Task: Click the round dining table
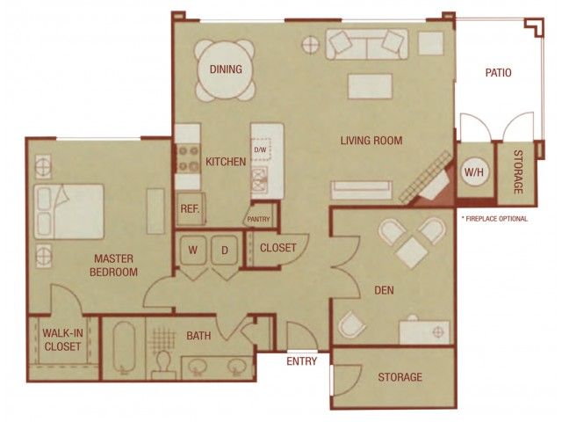pyautogui.click(x=226, y=70)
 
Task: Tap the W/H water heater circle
pyautogui.click(x=474, y=171)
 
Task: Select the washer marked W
pyautogui.click(x=193, y=250)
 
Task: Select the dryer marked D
pyautogui.click(x=225, y=250)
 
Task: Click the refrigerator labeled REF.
pyautogui.click(x=191, y=209)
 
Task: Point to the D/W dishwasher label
pyautogui.click(x=260, y=149)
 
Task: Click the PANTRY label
pyautogui.click(x=258, y=219)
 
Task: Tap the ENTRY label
pyautogui.click(x=302, y=361)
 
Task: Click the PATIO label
pyautogui.click(x=498, y=72)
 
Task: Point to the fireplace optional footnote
pyautogui.click(x=495, y=219)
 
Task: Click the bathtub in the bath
pyautogui.click(x=124, y=348)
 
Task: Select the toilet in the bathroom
pyautogui.click(x=163, y=365)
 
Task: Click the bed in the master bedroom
pyautogui.click(x=69, y=211)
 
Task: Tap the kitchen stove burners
pyautogui.click(x=188, y=159)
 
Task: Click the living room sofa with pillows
pyautogui.click(x=367, y=44)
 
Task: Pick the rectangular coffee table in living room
pyautogui.click(x=371, y=86)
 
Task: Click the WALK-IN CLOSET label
pyautogui.click(x=62, y=339)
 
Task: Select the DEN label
pyautogui.click(x=384, y=290)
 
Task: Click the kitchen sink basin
pyautogui.click(x=260, y=178)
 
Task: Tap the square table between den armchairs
pyautogui.click(x=412, y=252)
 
